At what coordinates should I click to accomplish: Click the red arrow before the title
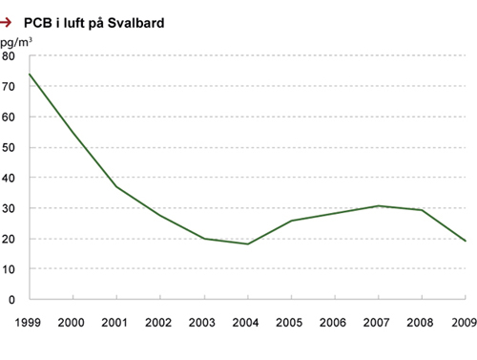8,21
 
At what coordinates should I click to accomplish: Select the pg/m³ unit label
16,43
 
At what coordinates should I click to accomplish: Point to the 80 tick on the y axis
9,55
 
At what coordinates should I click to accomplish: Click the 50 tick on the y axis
9,147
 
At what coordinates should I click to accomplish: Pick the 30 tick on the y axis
9,208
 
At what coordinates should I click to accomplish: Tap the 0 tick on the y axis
11,299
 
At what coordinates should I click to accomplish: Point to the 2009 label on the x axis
464,322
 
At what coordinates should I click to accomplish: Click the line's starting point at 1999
31,74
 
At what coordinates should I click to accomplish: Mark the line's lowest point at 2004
248,244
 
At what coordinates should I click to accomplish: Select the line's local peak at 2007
378,205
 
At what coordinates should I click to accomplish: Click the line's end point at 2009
465,241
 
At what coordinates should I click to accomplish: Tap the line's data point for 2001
117,186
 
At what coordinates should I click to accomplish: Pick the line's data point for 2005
291,221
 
